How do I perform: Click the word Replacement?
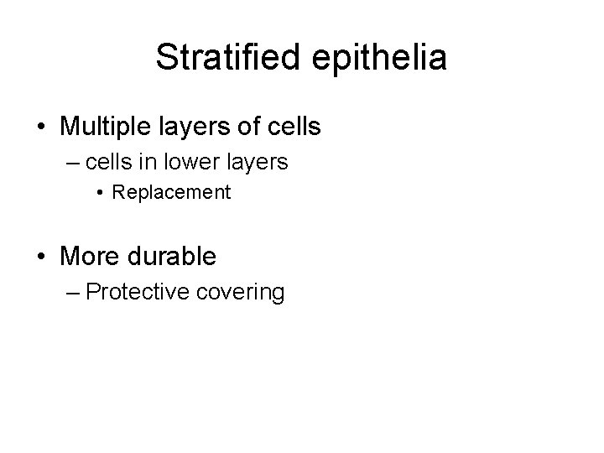tap(171, 192)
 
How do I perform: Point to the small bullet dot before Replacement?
tap(100, 193)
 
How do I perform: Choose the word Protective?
tap(139, 292)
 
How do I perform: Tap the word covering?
tap(242, 292)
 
